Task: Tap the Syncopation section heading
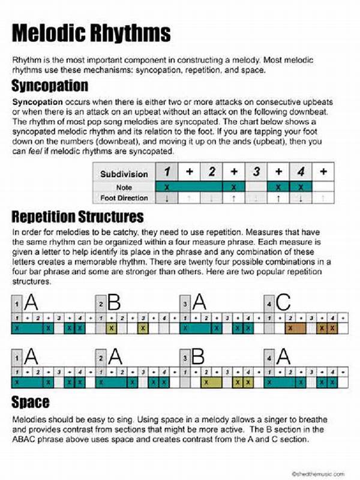[50, 84]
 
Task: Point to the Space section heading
[30, 401]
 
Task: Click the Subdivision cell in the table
[124, 173]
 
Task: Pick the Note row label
[124, 187]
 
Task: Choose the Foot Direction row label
[124, 198]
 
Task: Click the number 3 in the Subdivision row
[256, 173]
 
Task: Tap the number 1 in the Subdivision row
[169, 173]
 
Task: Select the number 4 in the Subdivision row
[301, 173]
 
